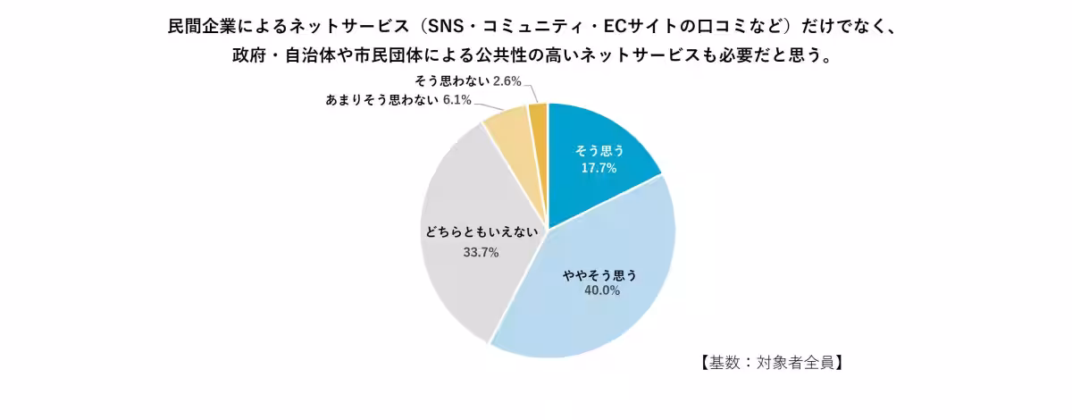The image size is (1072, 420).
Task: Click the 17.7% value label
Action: [599, 168]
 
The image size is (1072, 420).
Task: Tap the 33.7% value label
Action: [481, 252]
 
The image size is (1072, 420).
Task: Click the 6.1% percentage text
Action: [456, 99]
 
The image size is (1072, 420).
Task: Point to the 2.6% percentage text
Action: [507, 81]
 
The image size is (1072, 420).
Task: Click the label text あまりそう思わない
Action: [381, 99]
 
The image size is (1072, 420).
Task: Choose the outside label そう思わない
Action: [451, 81]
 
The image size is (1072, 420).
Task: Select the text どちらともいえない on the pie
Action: [481, 233]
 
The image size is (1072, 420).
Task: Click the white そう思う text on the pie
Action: [599, 151]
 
